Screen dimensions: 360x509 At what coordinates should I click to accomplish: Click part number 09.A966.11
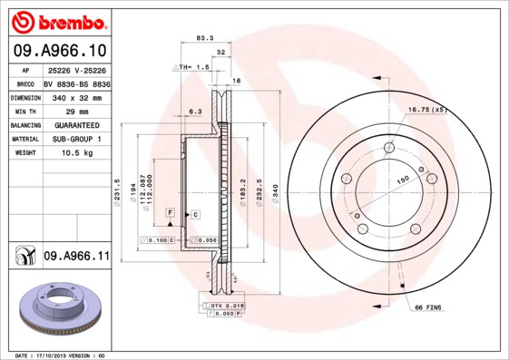(x=75, y=258)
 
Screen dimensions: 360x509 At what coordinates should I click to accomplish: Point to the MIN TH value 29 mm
(x=76, y=111)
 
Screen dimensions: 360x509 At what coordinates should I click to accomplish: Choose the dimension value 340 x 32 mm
(x=76, y=96)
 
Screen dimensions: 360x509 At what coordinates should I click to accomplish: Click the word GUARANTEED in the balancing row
(x=76, y=125)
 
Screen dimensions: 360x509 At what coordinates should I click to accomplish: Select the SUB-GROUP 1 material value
(x=76, y=140)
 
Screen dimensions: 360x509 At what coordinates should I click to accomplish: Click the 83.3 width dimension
(x=204, y=38)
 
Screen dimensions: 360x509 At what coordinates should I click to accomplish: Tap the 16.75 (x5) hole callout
(x=427, y=110)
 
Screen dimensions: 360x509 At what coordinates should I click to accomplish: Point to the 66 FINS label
(x=428, y=309)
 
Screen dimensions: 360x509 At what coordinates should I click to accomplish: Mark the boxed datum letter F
(x=169, y=212)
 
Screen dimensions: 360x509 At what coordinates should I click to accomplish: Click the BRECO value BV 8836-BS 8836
(x=76, y=82)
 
